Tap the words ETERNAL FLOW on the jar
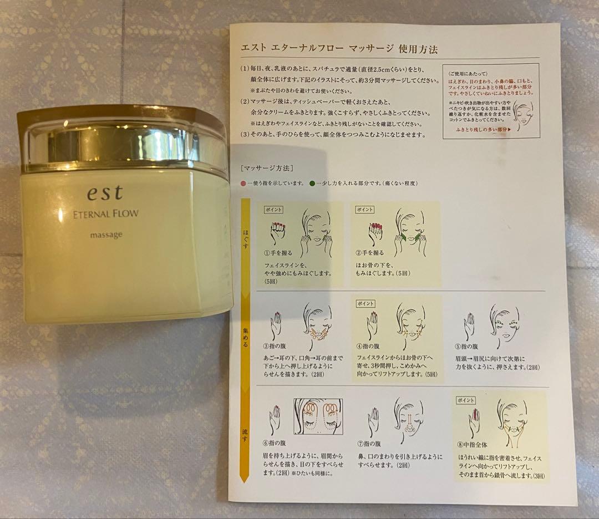coord(114,214)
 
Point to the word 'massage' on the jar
coord(106,235)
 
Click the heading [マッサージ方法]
coord(265,167)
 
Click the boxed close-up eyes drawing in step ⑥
coord(318,416)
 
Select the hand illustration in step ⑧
coord(475,421)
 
